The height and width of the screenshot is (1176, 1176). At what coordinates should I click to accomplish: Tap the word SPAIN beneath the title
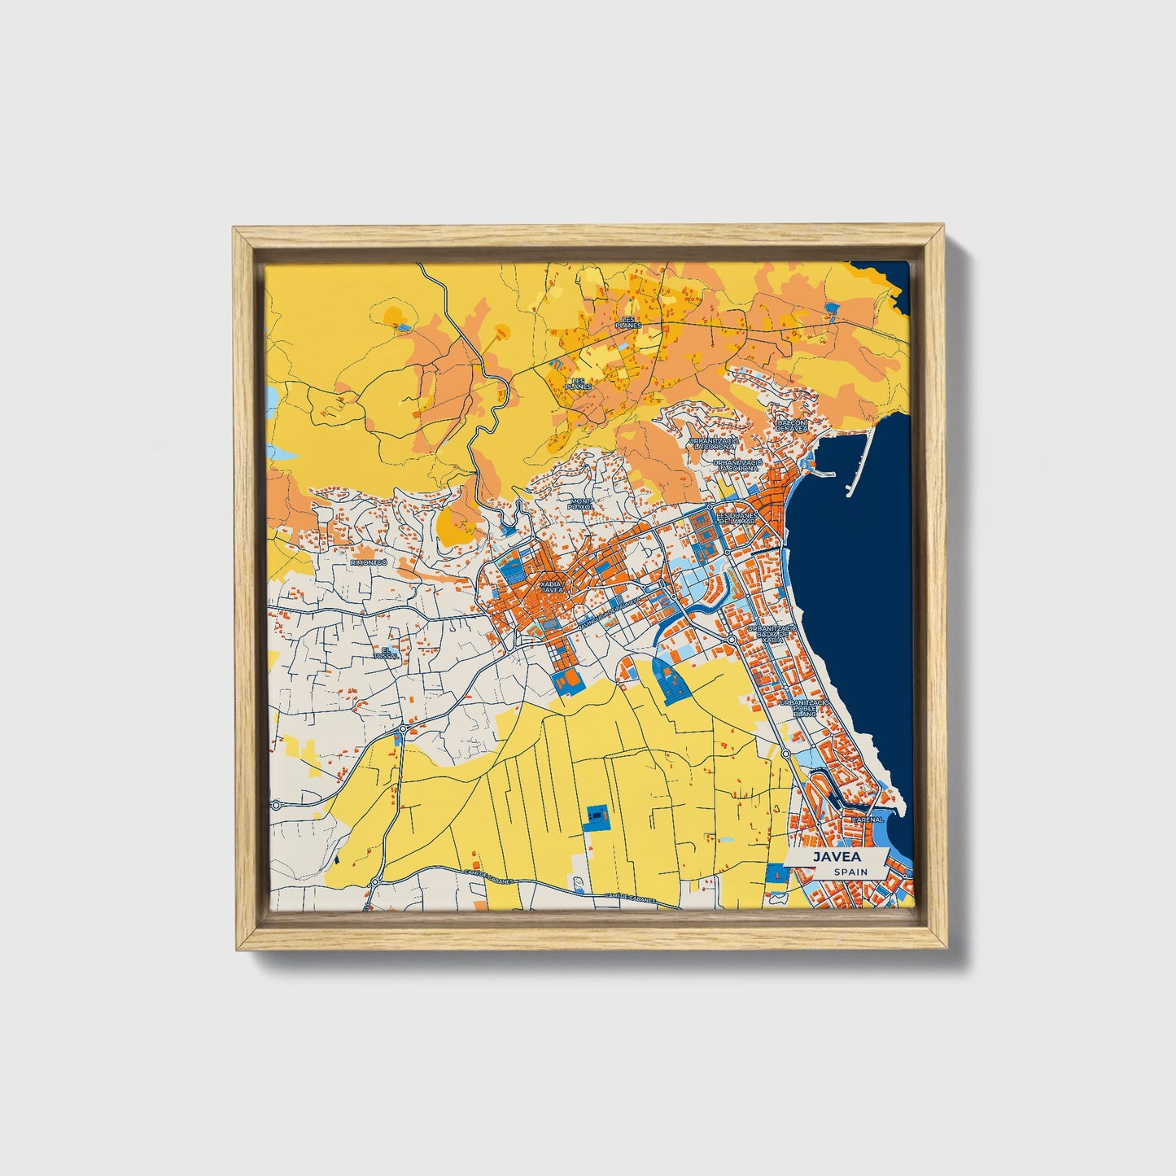850,872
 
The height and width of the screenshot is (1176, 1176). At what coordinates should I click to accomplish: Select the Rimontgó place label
364,562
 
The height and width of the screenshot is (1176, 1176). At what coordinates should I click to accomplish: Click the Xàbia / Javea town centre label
551,587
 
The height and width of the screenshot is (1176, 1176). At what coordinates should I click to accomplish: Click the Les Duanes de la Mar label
737,518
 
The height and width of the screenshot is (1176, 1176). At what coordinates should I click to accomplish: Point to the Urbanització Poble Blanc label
804,707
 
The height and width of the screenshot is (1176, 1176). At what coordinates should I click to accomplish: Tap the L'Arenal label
868,820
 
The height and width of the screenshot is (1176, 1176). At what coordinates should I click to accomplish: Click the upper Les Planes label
628,322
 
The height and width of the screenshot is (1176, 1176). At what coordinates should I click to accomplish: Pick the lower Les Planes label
579,383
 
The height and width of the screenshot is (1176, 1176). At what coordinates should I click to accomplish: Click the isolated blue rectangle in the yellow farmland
597,815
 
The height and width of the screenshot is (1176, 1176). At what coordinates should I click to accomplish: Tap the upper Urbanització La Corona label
714,444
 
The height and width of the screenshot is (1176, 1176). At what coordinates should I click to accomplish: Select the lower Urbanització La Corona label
737,465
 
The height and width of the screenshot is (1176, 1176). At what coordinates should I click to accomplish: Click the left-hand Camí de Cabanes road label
485,874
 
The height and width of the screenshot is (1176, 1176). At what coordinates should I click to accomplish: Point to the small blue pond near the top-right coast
832,308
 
